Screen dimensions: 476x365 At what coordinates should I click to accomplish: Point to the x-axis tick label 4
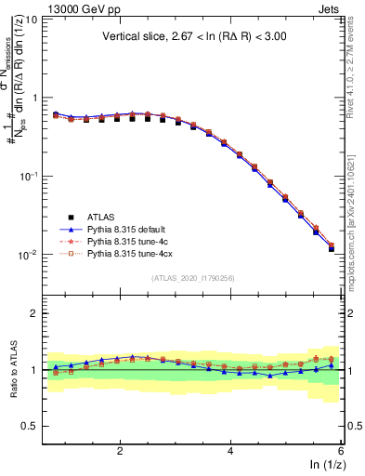[230, 451]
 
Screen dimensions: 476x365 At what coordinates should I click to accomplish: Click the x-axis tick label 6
[341, 451]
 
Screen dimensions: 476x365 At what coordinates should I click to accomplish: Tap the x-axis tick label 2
[120, 451]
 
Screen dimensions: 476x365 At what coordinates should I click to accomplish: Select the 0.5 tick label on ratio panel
[30, 426]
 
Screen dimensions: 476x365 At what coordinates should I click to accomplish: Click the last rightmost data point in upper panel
[332, 248]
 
